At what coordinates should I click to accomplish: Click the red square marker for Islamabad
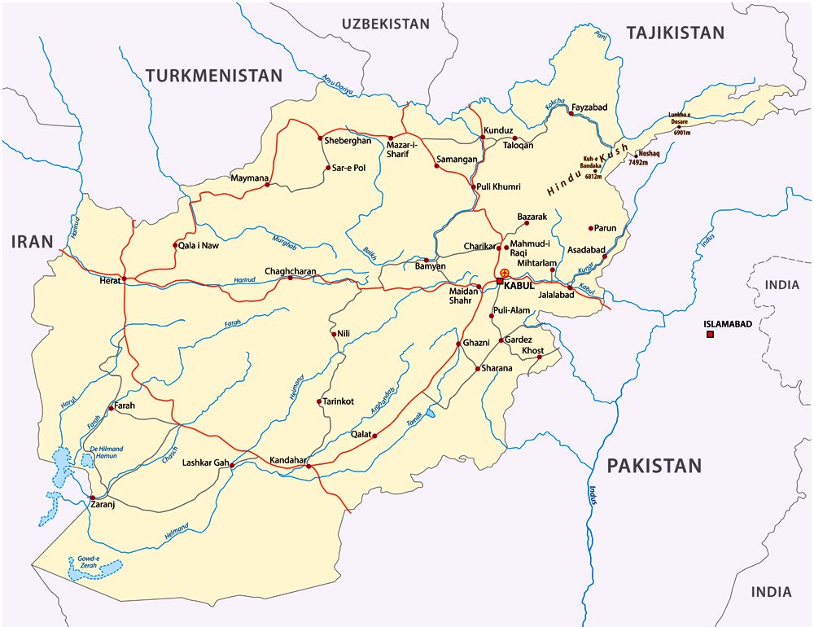click(710, 335)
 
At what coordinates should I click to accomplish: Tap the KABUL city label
click(519, 285)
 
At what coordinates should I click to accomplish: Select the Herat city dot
click(125, 279)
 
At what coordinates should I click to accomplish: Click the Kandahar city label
click(282, 461)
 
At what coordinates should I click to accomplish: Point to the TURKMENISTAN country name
click(214, 76)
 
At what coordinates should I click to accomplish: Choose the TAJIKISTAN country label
click(674, 33)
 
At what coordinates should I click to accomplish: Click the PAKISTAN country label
click(654, 466)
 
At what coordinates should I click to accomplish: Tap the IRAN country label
click(32, 241)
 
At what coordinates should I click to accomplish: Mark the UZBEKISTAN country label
click(385, 24)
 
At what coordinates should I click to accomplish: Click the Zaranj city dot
click(93, 498)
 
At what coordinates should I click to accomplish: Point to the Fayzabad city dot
click(571, 114)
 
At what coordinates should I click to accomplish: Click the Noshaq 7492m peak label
click(650, 158)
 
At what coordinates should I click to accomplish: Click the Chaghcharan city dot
click(289, 278)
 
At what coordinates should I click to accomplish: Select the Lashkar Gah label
click(205, 463)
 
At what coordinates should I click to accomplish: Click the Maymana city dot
click(267, 186)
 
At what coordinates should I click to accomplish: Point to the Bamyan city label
click(430, 266)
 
